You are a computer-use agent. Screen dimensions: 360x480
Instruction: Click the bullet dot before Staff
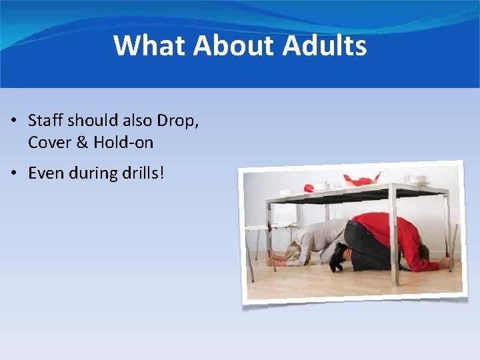click(13, 121)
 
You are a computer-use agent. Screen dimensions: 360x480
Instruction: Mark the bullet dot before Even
click(13, 174)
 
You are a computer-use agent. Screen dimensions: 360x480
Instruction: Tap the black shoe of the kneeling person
click(338, 257)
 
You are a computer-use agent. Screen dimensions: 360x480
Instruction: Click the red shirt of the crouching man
click(390, 233)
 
